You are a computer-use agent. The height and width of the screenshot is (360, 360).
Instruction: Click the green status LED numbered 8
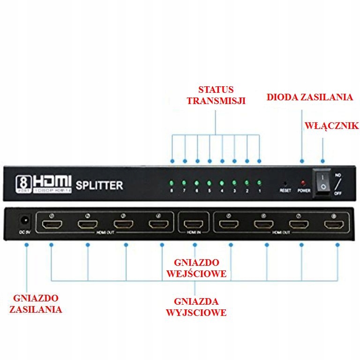172,182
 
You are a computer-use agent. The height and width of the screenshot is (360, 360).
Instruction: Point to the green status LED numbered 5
209,182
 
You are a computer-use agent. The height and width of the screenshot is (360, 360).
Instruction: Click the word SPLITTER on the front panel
99,185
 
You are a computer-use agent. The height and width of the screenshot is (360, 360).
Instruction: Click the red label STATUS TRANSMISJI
216,95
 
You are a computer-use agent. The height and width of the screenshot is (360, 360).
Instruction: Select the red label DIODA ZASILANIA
309,97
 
